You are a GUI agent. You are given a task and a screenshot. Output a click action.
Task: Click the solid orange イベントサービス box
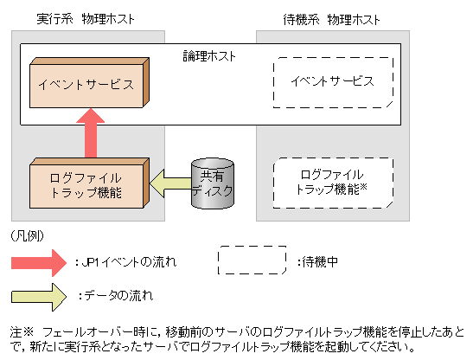(84, 84)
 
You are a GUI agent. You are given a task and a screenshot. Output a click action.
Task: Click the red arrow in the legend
(38, 261)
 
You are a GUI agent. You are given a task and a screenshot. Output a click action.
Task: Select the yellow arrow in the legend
(38, 296)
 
